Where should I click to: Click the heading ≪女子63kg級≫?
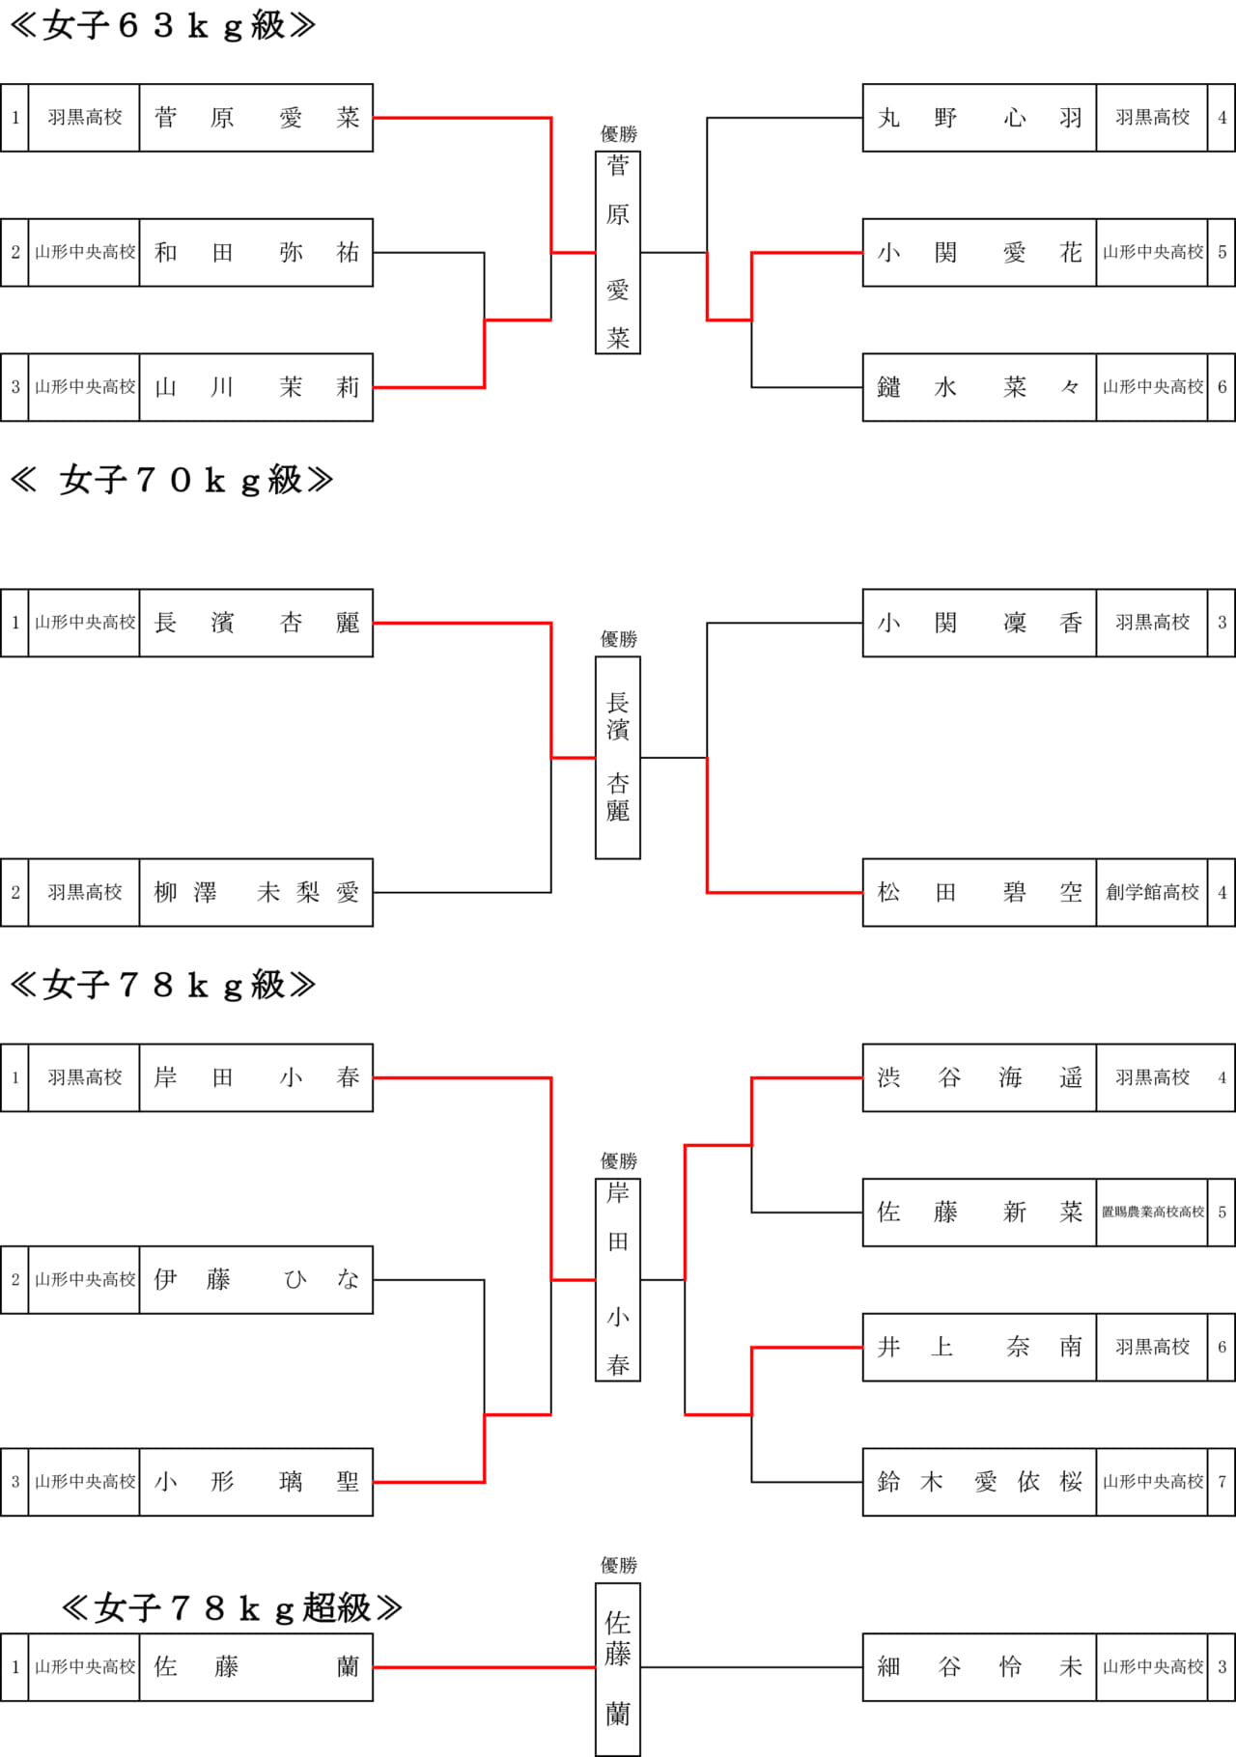coord(162,25)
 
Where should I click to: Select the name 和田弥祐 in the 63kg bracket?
coord(256,253)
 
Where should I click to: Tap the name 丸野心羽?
coord(979,118)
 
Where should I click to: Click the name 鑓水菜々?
coord(979,387)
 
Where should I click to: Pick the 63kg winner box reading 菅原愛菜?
coord(618,253)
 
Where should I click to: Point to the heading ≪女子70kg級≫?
coord(172,480)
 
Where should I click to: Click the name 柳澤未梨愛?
coord(256,893)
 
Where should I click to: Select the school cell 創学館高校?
coord(1152,893)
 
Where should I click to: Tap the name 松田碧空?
coord(979,893)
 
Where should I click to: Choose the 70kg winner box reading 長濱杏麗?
coord(618,758)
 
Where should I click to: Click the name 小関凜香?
coord(979,624)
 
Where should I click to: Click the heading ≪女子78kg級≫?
coord(162,985)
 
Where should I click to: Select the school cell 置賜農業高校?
coord(1152,1213)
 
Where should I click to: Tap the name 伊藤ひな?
coord(256,1280)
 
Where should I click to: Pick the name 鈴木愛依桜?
coord(979,1482)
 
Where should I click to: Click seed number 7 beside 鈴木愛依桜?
coord(1222,1482)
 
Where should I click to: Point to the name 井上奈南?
coord(979,1348)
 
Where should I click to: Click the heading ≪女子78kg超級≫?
coord(232,1607)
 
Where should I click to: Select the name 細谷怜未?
coord(979,1667)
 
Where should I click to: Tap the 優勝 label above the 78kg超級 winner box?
coord(619,1565)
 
